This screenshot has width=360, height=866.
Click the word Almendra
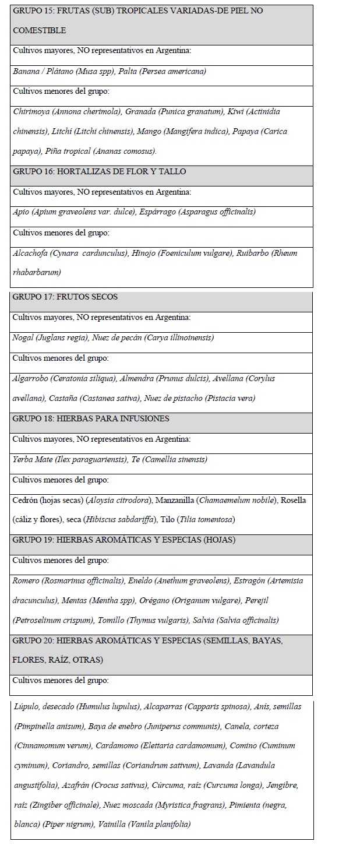tap(136, 378)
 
